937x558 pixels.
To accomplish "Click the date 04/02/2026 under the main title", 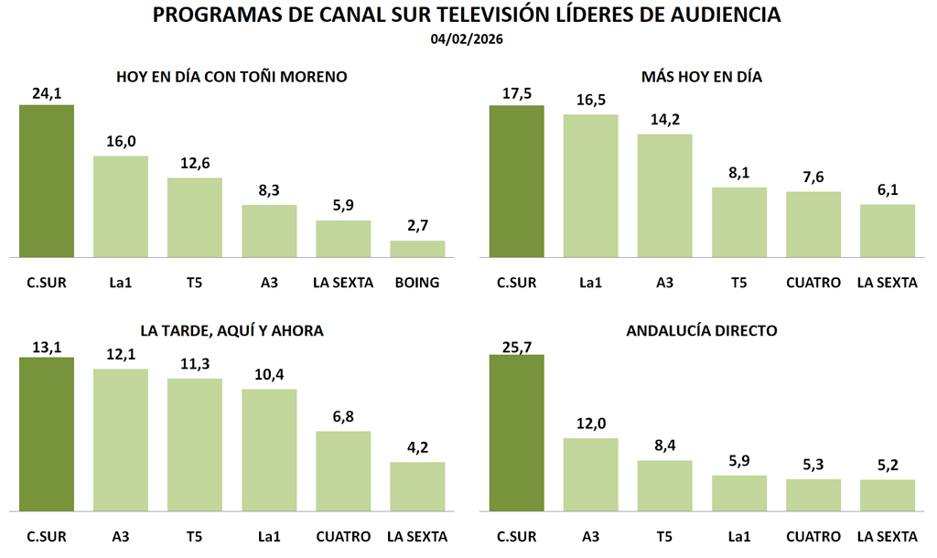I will tap(468, 39).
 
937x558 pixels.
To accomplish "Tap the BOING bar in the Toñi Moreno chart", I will tap(417, 249).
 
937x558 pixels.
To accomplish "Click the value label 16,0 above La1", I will tap(121, 141).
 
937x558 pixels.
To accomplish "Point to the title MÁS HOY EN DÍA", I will tap(702, 78).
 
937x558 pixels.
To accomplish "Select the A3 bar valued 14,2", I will tap(664, 196).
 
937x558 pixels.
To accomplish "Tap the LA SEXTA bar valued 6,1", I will tap(887, 231).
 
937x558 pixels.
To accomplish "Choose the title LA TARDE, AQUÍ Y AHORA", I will tap(232, 330).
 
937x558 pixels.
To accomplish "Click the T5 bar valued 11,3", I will tap(195, 445).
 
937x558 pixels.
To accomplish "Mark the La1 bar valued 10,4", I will tap(269, 450).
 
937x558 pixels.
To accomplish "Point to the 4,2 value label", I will tap(417, 447).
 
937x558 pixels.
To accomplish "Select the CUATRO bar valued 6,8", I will tap(343, 471).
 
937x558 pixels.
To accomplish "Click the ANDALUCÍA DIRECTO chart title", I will tap(702, 330).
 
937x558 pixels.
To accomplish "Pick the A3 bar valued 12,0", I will tap(590, 475).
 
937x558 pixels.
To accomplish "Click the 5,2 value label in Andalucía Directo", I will tap(887, 465).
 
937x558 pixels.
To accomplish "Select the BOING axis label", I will tap(417, 283).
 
